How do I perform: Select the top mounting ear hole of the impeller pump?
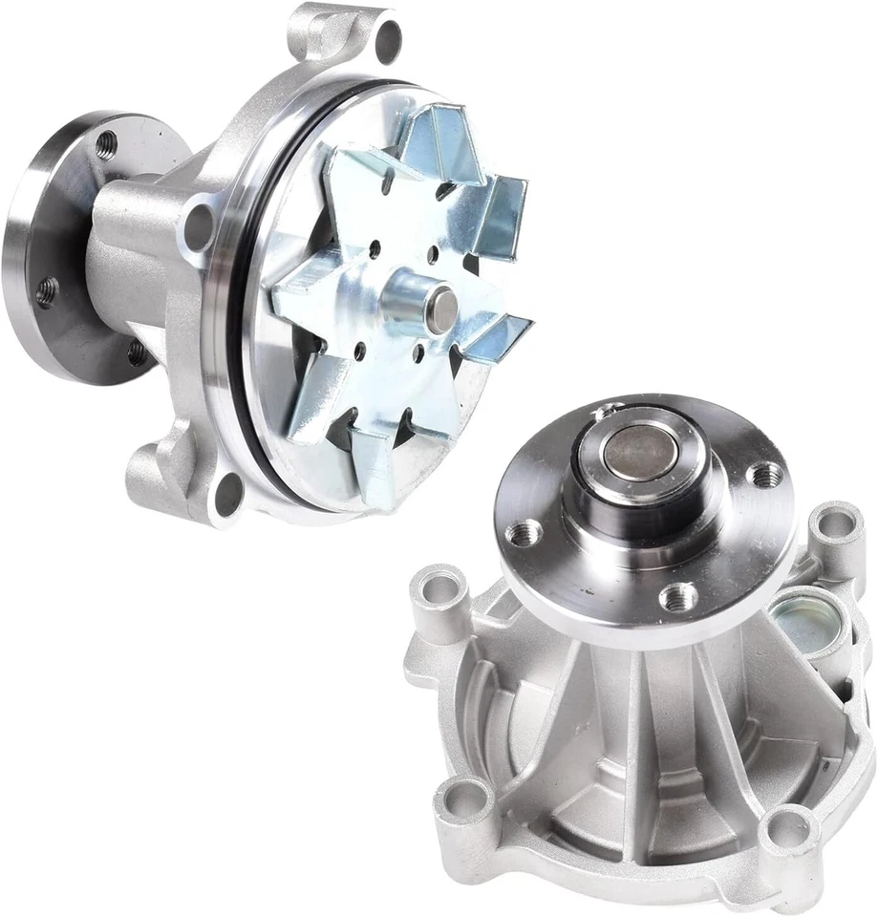(x=388, y=38)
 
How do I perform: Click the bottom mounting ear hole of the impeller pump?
(x=229, y=494)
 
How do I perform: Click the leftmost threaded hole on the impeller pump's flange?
(x=46, y=289)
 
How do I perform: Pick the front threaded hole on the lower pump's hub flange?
(x=678, y=597)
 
